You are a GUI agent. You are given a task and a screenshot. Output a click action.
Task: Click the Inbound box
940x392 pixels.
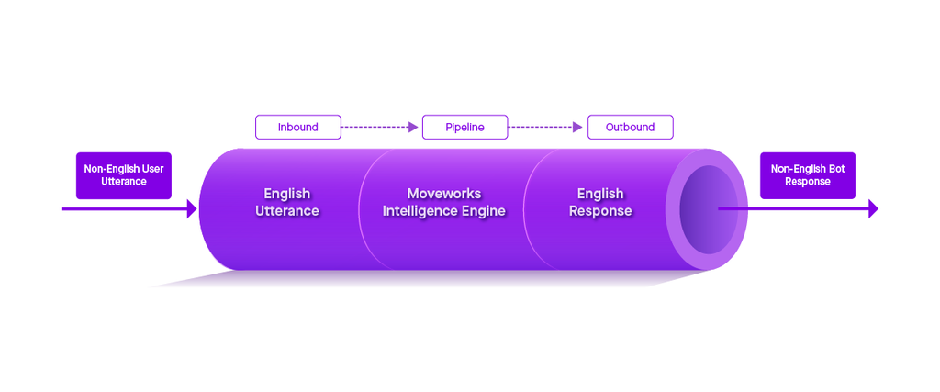(x=297, y=127)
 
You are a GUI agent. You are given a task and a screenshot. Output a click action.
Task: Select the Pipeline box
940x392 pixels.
(x=464, y=127)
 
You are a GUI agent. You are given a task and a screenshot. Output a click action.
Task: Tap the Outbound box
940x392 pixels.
(x=630, y=127)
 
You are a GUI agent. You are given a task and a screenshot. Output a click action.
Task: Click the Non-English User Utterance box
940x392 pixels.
(x=123, y=175)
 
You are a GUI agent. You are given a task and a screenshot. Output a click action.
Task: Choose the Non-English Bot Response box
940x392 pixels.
(x=807, y=175)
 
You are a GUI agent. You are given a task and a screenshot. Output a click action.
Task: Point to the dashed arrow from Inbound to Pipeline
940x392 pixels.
(x=380, y=127)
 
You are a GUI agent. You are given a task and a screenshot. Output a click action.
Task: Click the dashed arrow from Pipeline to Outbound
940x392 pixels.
(x=546, y=127)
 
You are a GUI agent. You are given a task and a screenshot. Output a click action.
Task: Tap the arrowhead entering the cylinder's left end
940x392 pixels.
(x=191, y=209)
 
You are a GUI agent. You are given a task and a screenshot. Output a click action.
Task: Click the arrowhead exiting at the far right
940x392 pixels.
(x=872, y=209)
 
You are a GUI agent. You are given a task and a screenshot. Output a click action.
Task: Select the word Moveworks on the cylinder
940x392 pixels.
(x=444, y=194)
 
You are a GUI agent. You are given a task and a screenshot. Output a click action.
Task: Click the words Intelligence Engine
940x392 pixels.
(x=444, y=211)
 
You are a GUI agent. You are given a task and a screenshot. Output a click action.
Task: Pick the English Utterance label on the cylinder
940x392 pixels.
(x=286, y=202)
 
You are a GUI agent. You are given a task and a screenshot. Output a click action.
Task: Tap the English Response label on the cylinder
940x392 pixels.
(x=600, y=202)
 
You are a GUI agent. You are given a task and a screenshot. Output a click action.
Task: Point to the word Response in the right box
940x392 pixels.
(x=808, y=182)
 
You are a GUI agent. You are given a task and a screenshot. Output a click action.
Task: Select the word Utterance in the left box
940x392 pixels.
(x=123, y=182)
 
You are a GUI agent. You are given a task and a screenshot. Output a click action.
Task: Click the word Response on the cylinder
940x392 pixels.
(x=600, y=211)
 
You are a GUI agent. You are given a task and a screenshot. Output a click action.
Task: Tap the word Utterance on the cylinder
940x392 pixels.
(x=286, y=211)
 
